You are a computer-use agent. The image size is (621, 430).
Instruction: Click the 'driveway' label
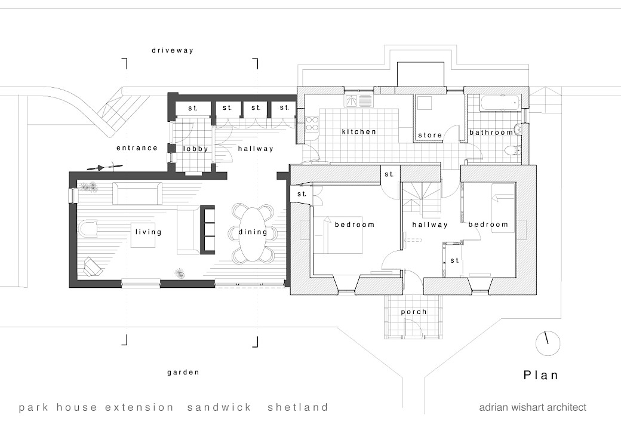click(x=172, y=51)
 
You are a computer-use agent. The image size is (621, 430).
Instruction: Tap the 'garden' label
click(x=183, y=372)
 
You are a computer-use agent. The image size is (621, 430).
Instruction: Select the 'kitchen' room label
click(x=359, y=131)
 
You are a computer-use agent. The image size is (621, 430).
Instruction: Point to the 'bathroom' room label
click(x=491, y=132)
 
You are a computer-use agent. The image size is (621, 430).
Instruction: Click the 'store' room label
click(x=430, y=135)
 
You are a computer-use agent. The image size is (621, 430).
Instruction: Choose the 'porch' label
click(x=414, y=312)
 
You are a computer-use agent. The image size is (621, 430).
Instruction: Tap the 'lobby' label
click(x=195, y=149)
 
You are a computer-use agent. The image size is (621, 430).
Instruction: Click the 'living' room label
click(x=148, y=232)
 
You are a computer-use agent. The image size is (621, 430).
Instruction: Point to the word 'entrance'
click(x=137, y=148)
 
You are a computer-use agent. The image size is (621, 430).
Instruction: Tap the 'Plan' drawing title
click(x=541, y=376)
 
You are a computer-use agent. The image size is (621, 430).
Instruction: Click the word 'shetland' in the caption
click(x=298, y=408)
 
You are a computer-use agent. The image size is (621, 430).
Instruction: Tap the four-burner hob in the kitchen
click(x=312, y=124)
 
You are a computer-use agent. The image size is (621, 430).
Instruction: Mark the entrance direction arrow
click(x=104, y=167)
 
